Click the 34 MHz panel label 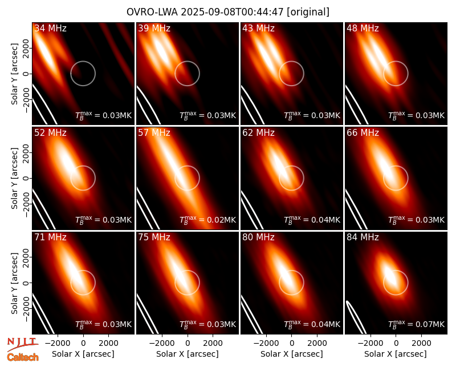pyautogui.click(x=50, y=28)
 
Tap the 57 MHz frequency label pyautogui.click(x=154, y=133)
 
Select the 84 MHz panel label pyautogui.click(x=363, y=237)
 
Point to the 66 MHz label pyautogui.click(x=363, y=133)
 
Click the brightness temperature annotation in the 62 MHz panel pyautogui.click(x=312, y=220)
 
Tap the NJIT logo pyautogui.click(x=22, y=344)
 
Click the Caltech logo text pyautogui.click(x=23, y=357)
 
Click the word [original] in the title pyautogui.click(x=308, y=12)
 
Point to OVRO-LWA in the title pyautogui.click(x=152, y=12)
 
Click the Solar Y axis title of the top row pyautogui.click(x=14, y=74)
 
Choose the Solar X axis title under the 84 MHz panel pyautogui.click(x=396, y=354)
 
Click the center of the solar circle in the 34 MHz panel pyautogui.click(x=83, y=74)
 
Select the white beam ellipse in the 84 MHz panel pyautogui.click(x=355, y=317)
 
